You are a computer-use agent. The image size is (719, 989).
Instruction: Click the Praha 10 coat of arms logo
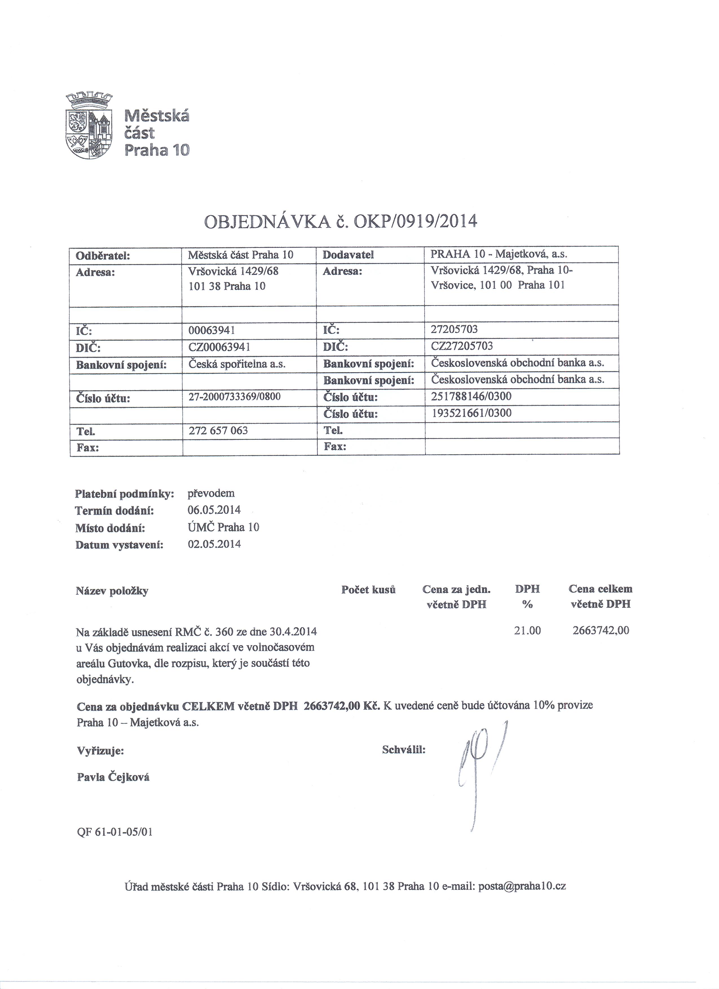coord(89,126)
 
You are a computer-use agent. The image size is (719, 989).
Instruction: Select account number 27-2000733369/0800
coord(234,397)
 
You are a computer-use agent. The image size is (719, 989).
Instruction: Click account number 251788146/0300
coord(471,396)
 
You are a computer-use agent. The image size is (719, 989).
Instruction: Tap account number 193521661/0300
coord(471,413)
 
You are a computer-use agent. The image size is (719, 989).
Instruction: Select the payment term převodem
coord(211,494)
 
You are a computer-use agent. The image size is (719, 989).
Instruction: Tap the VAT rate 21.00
coord(528,631)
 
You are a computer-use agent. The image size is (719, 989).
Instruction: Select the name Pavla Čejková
coord(113,777)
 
